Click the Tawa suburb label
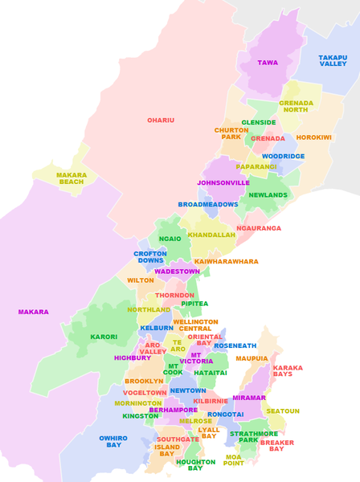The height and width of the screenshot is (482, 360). [268, 63]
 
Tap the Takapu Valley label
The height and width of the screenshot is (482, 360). [333, 60]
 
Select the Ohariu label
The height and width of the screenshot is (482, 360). [161, 120]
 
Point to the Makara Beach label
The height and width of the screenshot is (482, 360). [72, 178]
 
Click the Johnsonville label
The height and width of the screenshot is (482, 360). [223, 183]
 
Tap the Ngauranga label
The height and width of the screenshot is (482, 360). [259, 228]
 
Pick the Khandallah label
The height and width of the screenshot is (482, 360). [211, 235]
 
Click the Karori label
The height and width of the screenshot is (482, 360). [104, 337]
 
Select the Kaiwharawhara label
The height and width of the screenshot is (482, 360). [227, 262]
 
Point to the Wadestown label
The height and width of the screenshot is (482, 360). [177, 272]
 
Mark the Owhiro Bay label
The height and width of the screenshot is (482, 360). [113, 442]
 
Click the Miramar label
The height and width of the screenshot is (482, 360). [249, 398]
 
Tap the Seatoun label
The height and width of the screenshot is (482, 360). [283, 411]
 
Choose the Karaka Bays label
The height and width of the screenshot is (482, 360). [288, 371]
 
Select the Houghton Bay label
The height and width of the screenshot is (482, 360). [195, 465]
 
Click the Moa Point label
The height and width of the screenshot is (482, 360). [234, 460]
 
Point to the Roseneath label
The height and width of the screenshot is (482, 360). [235, 346]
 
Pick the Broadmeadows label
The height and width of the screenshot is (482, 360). [208, 205]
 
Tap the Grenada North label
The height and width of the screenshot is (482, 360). [297, 107]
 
